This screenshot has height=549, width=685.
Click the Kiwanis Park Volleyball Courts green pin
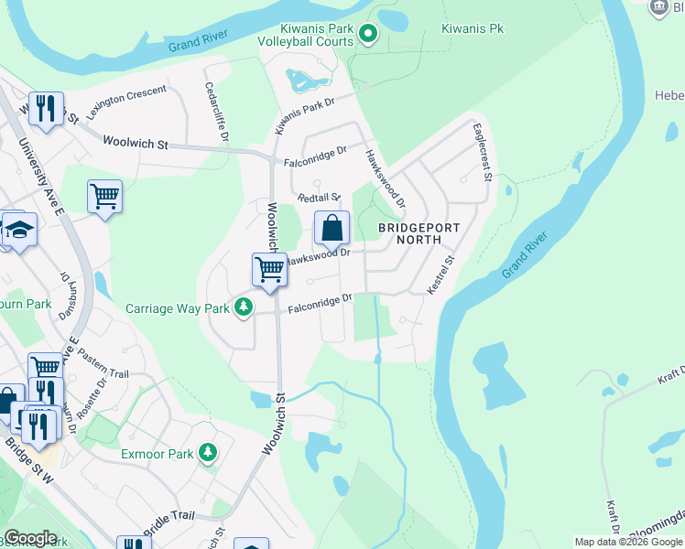[x=368, y=36]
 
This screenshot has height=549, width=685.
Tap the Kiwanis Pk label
[x=471, y=29]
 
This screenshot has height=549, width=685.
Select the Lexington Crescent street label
[x=127, y=102]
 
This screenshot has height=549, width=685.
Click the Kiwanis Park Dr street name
[x=307, y=118]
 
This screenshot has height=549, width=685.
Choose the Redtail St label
[x=319, y=197]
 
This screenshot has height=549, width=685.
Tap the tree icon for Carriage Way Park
[x=243, y=307]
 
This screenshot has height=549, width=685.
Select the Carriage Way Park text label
[x=178, y=308]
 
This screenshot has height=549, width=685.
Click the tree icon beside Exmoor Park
[x=209, y=452]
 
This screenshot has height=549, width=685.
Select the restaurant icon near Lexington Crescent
[x=45, y=108]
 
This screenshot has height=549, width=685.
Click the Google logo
[x=30, y=538]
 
